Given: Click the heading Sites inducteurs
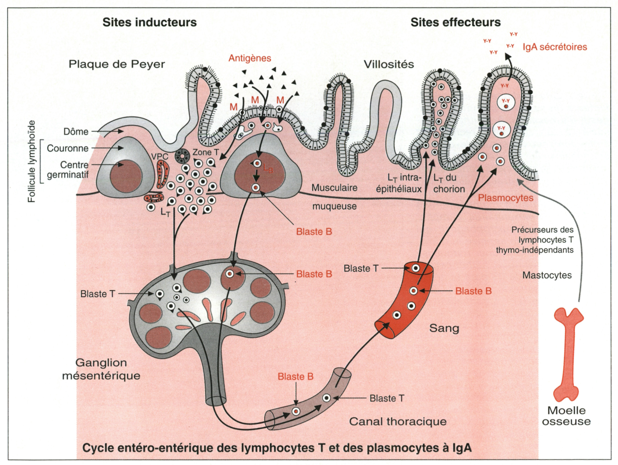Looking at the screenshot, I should click(x=150, y=22).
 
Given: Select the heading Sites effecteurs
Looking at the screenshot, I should click(x=455, y=22).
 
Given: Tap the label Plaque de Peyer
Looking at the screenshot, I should click(x=117, y=64).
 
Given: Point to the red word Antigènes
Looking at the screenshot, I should click(x=250, y=58).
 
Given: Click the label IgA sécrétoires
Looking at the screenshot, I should click(x=555, y=47).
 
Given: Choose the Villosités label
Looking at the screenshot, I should click(x=389, y=64).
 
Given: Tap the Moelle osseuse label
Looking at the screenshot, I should click(x=566, y=416).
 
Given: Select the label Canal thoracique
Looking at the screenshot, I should click(x=398, y=421).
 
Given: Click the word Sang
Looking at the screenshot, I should click(x=444, y=328).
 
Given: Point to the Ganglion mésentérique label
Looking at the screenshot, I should click(x=101, y=369).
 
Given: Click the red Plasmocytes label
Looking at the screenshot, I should click(x=506, y=198).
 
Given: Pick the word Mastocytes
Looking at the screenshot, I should click(x=547, y=275).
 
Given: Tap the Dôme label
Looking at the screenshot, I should click(x=76, y=132).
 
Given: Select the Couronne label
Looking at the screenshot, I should click(x=68, y=148).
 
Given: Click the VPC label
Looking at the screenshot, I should click(x=160, y=157).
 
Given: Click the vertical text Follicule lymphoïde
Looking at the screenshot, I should click(x=32, y=162).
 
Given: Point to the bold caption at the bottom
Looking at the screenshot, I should click(x=277, y=448).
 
